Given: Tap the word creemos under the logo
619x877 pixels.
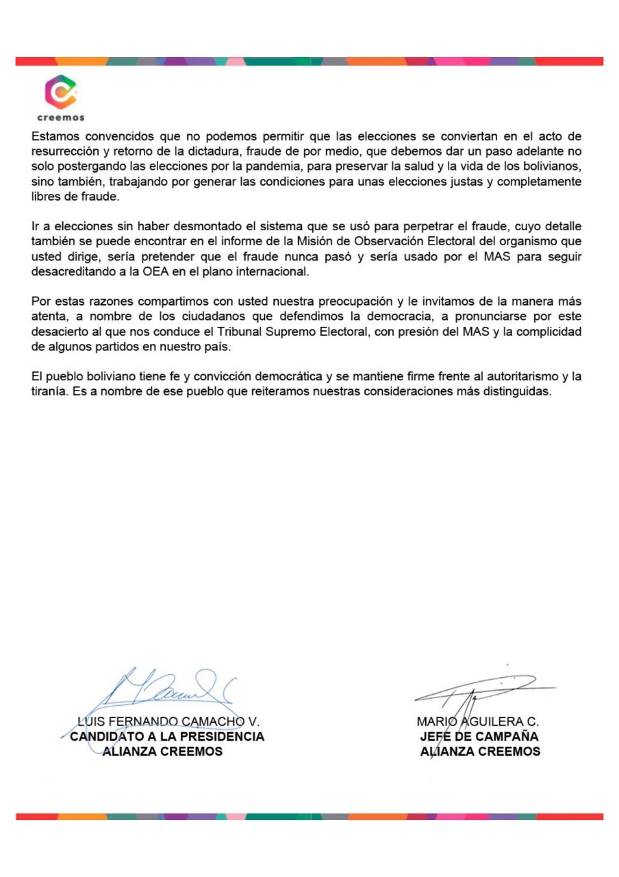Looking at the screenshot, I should [x=61, y=118].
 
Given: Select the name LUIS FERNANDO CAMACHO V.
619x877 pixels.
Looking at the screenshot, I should [x=168, y=721].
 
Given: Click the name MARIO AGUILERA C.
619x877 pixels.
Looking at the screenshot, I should [x=478, y=721].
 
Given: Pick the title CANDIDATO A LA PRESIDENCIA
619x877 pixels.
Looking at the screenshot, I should [x=168, y=737].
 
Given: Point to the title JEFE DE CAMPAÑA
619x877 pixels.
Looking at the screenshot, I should [x=479, y=737].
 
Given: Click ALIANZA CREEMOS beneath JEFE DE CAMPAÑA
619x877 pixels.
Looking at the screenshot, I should [x=480, y=751].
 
